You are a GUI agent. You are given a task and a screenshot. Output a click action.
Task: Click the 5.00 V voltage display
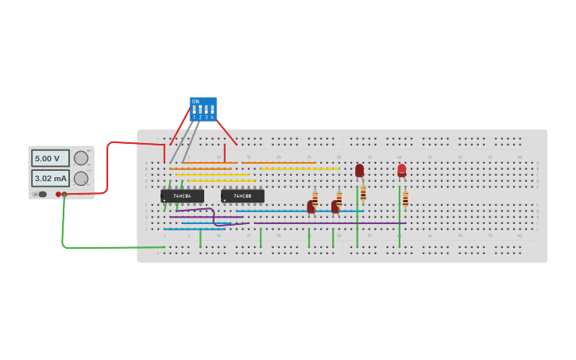pyautogui.click(x=49, y=158)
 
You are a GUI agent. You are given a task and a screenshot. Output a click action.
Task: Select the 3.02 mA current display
pyautogui.click(x=49, y=178)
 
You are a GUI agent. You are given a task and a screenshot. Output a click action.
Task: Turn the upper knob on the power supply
pyautogui.click(x=81, y=158)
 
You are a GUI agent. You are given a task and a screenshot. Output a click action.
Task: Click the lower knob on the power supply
pyautogui.click(x=81, y=178)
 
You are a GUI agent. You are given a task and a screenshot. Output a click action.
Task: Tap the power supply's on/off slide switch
pyautogui.click(x=41, y=194)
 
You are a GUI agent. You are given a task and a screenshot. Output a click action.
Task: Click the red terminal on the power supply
pyautogui.click(x=58, y=194)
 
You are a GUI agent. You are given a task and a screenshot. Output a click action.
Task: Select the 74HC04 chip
pyautogui.click(x=182, y=195)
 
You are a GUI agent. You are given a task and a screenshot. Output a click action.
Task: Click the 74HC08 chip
pyautogui.click(x=242, y=195)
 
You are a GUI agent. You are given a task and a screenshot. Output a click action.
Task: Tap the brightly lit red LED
pyautogui.click(x=402, y=169)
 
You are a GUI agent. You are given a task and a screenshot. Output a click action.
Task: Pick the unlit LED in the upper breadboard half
pyautogui.click(x=359, y=170)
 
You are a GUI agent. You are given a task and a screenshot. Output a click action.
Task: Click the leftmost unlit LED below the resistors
pyautogui.click(x=311, y=207)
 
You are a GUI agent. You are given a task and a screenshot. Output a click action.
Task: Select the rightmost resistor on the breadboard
pyautogui.click(x=405, y=199)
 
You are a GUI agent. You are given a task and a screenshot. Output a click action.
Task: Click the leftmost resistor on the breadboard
pyautogui.click(x=315, y=198)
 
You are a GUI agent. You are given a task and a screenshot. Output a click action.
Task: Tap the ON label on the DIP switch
pyautogui.click(x=195, y=102)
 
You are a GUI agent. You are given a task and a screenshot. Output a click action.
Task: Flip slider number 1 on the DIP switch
pyautogui.click(x=194, y=110)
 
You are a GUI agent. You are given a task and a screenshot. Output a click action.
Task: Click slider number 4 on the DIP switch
pyautogui.click(x=212, y=110)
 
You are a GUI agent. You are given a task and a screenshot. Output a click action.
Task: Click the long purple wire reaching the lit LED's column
pyautogui.click(x=334, y=223)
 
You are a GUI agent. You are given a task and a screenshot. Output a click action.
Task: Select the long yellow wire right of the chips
pyautogui.click(x=300, y=168)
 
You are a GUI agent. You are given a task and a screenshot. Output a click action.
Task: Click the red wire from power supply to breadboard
pyautogui.click(x=107, y=171)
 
